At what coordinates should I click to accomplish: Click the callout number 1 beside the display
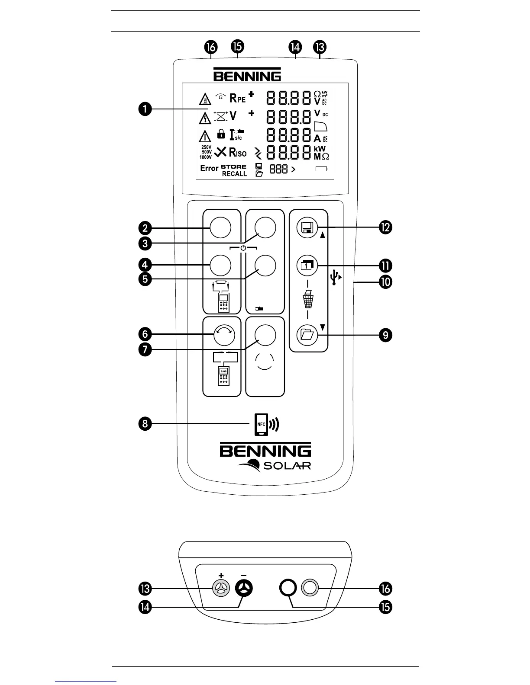(145, 109)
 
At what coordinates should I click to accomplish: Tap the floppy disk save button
(307, 227)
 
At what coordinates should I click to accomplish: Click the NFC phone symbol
(261, 424)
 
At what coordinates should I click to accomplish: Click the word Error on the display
(209, 168)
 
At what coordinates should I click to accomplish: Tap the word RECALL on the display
(234, 174)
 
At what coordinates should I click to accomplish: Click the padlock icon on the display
(221, 134)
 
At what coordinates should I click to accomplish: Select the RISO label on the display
(238, 152)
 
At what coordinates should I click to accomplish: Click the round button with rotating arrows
(224, 334)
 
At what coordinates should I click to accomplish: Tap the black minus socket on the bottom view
(244, 589)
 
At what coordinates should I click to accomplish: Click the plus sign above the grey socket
(221, 576)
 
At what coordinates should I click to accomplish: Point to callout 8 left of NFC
(145, 423)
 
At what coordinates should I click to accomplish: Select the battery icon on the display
(322, 170)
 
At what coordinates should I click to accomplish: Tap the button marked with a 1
(307, 266)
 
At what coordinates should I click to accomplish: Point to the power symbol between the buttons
(243, 248)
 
